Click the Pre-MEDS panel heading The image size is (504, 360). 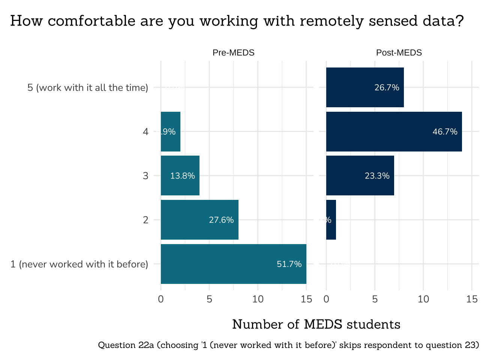point(233,53)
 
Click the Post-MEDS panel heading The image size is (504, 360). point(399,53)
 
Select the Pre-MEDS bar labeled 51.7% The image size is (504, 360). point(233,264)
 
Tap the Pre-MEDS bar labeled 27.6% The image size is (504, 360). point(199,220)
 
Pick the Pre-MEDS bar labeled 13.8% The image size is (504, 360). point(180,175)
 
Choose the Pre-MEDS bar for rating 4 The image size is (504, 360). point(171,132)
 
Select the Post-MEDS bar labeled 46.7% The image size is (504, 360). point(394,132)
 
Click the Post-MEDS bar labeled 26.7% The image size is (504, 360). point(364,87)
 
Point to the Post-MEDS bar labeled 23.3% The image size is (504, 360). point(360,175)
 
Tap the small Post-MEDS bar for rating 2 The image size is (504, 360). point(331,220)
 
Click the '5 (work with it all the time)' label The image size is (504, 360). point(88,88)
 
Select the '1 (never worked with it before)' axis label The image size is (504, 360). point(79,264)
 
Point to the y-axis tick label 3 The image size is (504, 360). point(145,176)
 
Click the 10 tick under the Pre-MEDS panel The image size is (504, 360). point(258,299)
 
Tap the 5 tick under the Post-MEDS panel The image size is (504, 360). point(375,299)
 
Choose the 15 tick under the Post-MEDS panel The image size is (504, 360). point(472,299)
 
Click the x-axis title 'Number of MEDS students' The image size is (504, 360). point(316,324)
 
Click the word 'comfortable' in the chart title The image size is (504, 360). point(91,21)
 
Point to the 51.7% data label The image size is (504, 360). point(289,264)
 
